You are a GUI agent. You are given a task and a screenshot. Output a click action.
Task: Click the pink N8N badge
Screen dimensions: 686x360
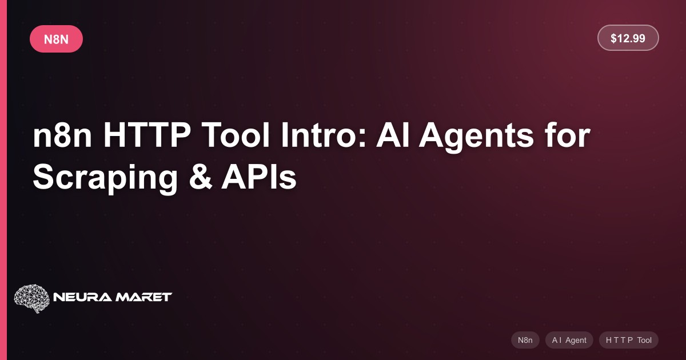[x=57, y=39]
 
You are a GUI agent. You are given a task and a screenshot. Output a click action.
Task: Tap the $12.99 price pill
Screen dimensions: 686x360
[x=628, y=38]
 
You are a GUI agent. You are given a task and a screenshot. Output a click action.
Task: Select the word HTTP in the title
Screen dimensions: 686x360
[x=147, y=135]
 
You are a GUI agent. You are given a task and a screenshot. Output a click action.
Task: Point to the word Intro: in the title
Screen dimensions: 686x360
[x=324, y=135]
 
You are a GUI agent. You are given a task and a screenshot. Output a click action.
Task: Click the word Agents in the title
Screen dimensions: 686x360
[x=476, y=137]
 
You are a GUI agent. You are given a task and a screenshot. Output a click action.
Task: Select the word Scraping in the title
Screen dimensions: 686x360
[x=105, y=179]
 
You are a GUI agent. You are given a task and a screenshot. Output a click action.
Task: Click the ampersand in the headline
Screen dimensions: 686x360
[x=201, y=177]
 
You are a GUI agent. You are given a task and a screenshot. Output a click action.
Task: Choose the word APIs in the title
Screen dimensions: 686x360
[x=259, y=177]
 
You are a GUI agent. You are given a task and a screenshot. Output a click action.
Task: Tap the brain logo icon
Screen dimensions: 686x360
[x=32, y=298]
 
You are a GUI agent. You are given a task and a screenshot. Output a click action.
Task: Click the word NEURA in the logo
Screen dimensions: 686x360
[x=83, y=297]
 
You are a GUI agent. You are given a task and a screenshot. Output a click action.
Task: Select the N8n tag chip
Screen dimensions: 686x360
[x=525, y=340]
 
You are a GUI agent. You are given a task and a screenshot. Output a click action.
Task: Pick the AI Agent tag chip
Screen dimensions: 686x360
[x=569, y=340]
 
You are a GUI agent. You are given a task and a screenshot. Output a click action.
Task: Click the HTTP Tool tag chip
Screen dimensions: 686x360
[x=629, y=340]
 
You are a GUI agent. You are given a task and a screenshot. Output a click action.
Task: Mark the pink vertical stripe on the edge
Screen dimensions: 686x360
[x=3, y=180]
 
